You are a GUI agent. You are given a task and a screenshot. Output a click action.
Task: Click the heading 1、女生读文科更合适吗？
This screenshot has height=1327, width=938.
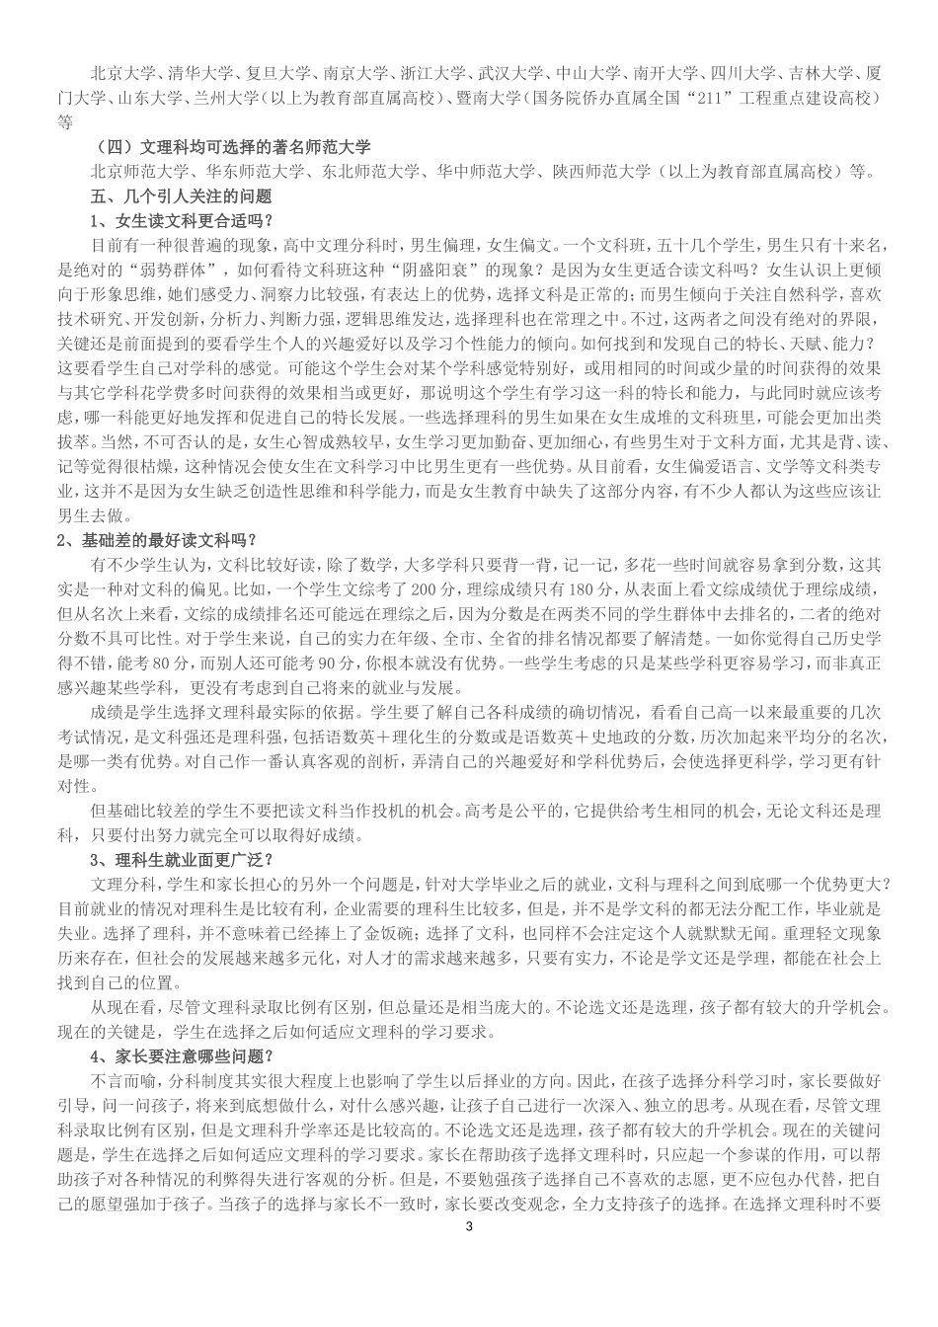pyautogui.click(x=182, y=219)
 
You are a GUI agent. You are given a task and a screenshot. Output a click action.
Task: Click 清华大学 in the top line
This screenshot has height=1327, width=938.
pyautogui.click(x=199, y=74)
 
